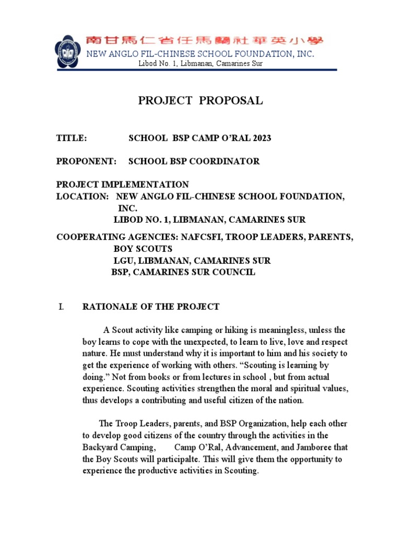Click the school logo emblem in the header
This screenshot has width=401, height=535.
point(68,51)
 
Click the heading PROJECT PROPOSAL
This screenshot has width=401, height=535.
point(200,101)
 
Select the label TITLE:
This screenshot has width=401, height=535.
point(71,138)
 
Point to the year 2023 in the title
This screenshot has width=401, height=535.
point(261,138)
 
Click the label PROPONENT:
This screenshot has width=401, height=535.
point(86,161)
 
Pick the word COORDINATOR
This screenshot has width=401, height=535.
point(228,161)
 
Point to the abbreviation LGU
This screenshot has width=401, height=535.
point(123,260)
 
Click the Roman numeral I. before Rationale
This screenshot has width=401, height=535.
point(61,307)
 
